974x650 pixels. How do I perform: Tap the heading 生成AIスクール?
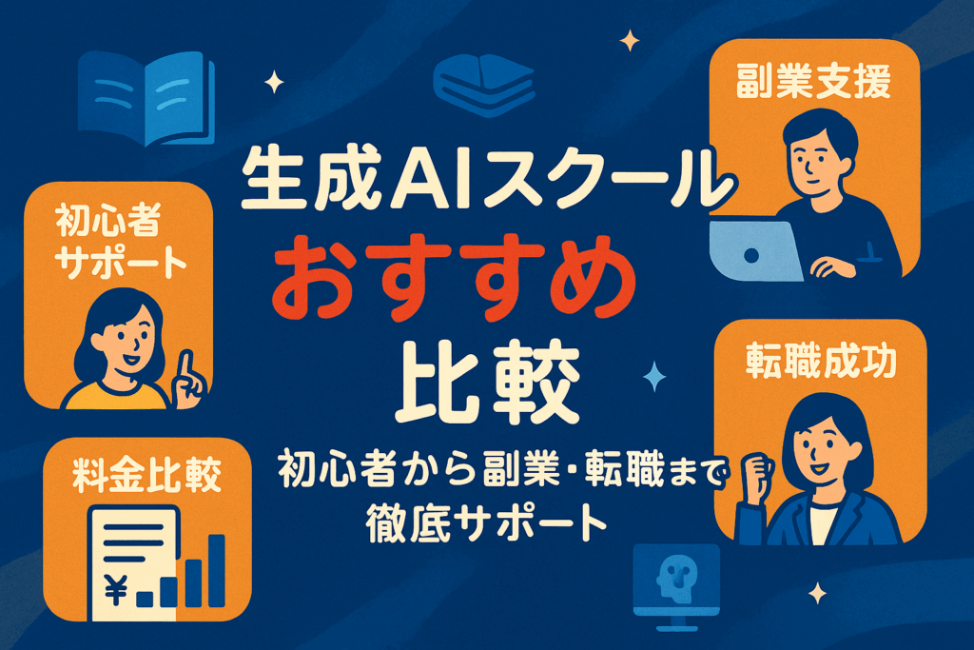(x=489, y=178)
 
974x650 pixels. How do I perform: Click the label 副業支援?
(x=814, y=82)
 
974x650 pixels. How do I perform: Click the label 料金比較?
(x=147, y=475)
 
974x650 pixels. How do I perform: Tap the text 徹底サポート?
(x=486, y=523)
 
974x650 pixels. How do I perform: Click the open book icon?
(x=146, y=98)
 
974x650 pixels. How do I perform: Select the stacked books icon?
(x=484, y=84)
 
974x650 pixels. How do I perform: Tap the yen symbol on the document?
(x=116, y=590)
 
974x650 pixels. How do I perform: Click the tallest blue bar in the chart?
(x=216, y=570)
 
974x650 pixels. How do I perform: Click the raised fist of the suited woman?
(x=756, y=476)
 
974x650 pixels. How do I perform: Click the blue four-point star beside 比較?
(x=654, y=376)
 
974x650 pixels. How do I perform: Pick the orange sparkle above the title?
(x=630, y=41)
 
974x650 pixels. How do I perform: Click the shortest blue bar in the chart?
(x=145, y=599)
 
